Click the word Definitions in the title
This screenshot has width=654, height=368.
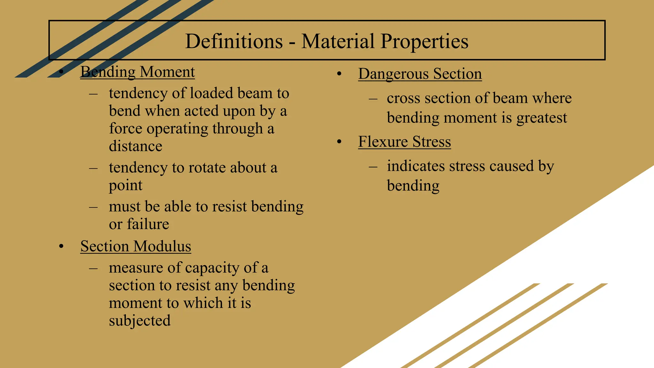[x=234, y=41]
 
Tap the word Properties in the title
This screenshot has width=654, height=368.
[x=424, y=42]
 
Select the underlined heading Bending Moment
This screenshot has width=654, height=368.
[x=138, y=72]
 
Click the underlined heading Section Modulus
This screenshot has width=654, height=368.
[x=136, y=246]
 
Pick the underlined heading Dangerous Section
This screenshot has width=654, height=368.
[x=420, y=74]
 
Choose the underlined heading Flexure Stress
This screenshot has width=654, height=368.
[x=404, y=142]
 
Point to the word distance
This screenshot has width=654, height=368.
[x=135, y=146]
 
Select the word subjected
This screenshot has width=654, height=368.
[x=140, y=321]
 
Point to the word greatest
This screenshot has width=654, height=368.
[x=542, y=118]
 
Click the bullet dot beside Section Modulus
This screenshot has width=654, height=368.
[x=61, y=246]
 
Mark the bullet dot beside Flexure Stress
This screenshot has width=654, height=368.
[x=339, y=142]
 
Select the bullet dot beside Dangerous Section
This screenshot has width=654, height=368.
[x=339, y=74]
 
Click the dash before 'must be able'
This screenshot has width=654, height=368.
[x=93, y=207]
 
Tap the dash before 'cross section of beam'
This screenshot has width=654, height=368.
[x=373, y=99]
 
